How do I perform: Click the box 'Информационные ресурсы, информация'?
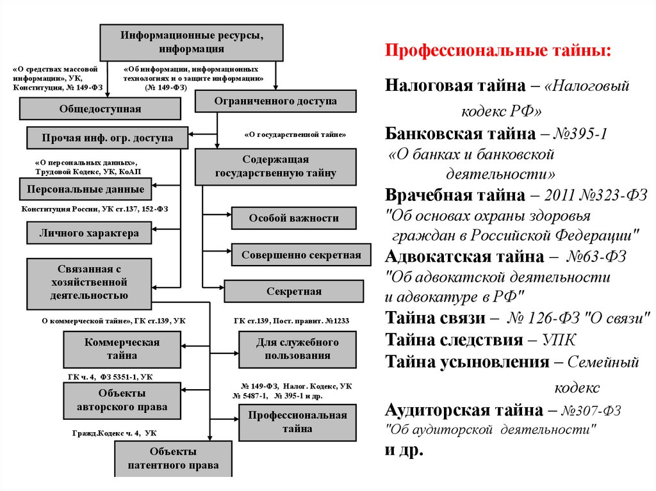click(x=192, y=42)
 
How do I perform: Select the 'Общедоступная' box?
click(x=100, y=109)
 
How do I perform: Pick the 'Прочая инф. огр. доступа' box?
click(x=107, y=138)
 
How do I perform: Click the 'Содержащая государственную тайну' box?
click(x=275, y=166)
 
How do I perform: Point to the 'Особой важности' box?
click(x=293, y=218)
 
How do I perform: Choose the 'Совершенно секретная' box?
click(x=301, y=255)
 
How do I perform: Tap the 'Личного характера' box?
click(x=89, y=233)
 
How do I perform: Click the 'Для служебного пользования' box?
click(x=297, y=350)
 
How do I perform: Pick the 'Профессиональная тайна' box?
click(x=297, y=422)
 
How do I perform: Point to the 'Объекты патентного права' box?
click(x=173, y=459)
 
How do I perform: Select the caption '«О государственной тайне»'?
click(x=295, y=135)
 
